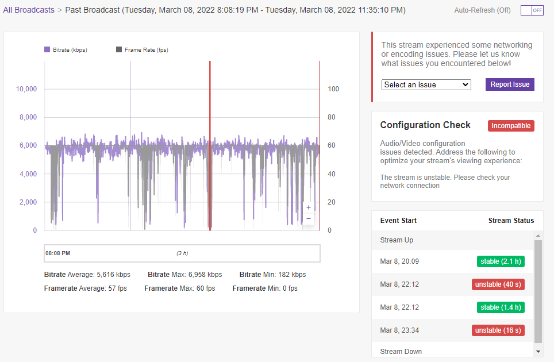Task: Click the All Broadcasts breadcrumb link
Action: tap(29, 10)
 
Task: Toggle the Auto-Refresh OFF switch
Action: tap(532, 10)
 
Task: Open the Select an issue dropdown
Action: tap(426, 85)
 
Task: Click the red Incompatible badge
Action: tap(511, 126)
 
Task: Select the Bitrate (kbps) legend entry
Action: tap(66, 50)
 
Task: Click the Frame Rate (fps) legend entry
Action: tap(142, 50)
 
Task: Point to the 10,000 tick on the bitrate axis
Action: tap(26, 89)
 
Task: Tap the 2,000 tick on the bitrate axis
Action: tap(28, 202)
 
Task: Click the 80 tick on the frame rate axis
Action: tap(332, 117)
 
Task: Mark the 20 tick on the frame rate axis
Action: tap(332, 202)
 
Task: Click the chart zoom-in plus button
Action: tap(309, 207)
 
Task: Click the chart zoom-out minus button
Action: tap(309, 218)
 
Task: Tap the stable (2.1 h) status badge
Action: tap(501, 261)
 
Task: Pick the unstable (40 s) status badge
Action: tap(498, 284)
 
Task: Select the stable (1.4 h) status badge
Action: tap(501, 307)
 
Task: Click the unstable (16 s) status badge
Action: tap(498, 330)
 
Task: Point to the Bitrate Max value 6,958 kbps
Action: tap(205, 275)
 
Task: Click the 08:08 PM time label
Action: tap(58, 253)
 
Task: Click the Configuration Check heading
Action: tap(425, 125)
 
